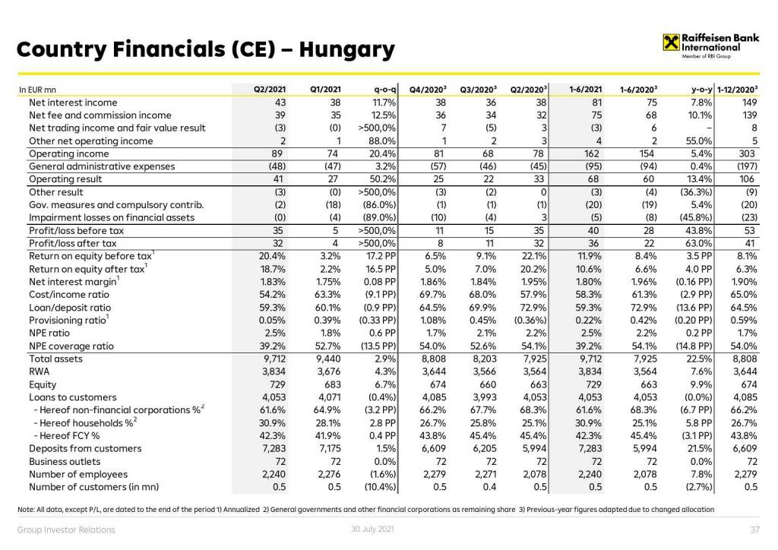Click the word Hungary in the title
[x=347, y=50]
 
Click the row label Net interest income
[x=73, y=103]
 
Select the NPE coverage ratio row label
[x=71, y=346]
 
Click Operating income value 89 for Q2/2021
[x=277, y=153]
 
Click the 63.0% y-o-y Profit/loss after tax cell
[x=697, y=243]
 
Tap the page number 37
[x=754, y=529]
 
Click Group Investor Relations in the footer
[x=66, y=529]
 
